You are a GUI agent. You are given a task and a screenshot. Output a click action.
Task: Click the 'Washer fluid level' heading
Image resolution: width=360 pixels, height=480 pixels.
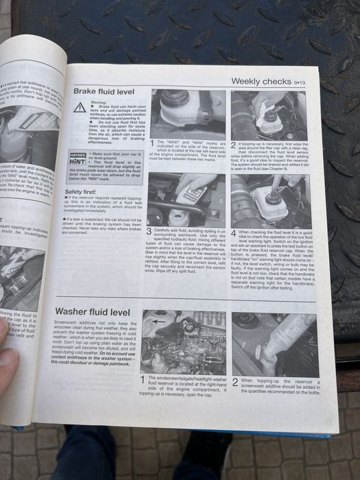tap(93, 312)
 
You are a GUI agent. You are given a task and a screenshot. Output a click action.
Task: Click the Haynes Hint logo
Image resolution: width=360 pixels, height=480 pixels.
tap(80, 159)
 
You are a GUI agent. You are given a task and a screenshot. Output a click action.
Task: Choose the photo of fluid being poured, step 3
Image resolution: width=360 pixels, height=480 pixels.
tap(187, 200)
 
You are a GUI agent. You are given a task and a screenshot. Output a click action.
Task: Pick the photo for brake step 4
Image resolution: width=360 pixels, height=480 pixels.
tap(270, 201)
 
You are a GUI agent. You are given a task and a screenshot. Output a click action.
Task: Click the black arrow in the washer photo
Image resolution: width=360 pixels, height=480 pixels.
tap(160, 320)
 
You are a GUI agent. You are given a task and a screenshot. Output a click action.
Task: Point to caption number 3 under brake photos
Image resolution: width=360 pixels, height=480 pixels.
tap(149, 232)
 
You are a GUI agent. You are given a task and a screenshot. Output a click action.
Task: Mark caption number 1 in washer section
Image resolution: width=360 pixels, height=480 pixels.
tap(143, 379)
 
